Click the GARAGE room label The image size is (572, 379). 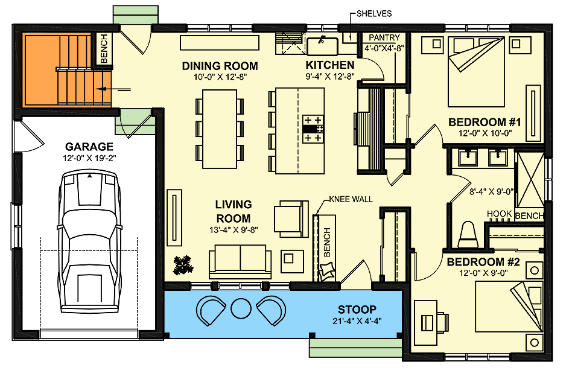(x=89, y=146)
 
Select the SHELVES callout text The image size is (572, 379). (x=375, y=13)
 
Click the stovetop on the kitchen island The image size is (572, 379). (x=313, y=129)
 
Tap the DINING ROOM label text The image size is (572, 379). (x=220, y=66)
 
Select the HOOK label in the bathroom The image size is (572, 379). (x=500, y=214)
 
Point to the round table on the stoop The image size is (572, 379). (x=240, y=308)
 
